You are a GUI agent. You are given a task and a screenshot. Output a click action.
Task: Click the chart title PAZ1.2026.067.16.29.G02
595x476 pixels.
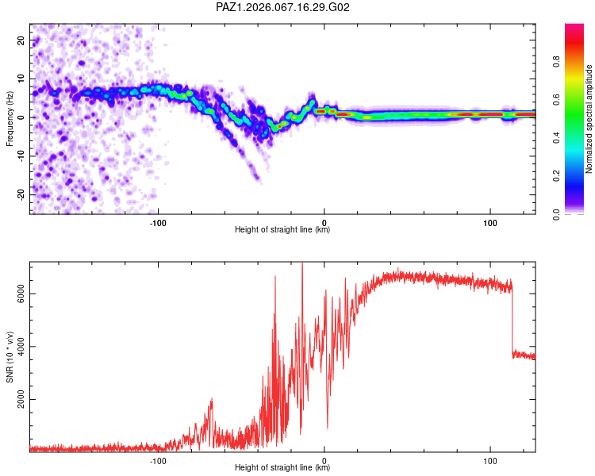tap(283, 7)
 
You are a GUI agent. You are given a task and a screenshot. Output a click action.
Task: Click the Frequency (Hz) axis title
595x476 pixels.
tap(10, 119)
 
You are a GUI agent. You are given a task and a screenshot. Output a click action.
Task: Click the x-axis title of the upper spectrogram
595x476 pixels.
tap(282, 230)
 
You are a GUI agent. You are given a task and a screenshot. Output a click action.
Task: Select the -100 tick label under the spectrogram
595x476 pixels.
tap(158, 222)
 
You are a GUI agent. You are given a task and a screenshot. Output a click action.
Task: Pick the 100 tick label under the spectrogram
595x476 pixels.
tap(490, 222)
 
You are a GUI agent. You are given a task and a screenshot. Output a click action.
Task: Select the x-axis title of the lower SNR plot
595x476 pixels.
tap(282, 468)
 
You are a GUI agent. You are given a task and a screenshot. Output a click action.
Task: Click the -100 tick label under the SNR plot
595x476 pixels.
tap(158, 460)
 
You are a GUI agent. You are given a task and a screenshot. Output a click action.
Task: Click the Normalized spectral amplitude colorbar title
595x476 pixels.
tap(589, 119)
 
